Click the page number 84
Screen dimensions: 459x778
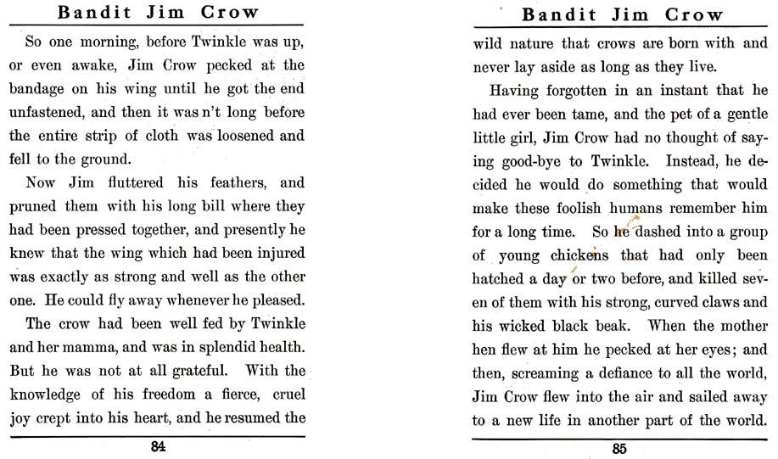point(158,447)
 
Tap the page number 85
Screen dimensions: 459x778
point(620,449)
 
